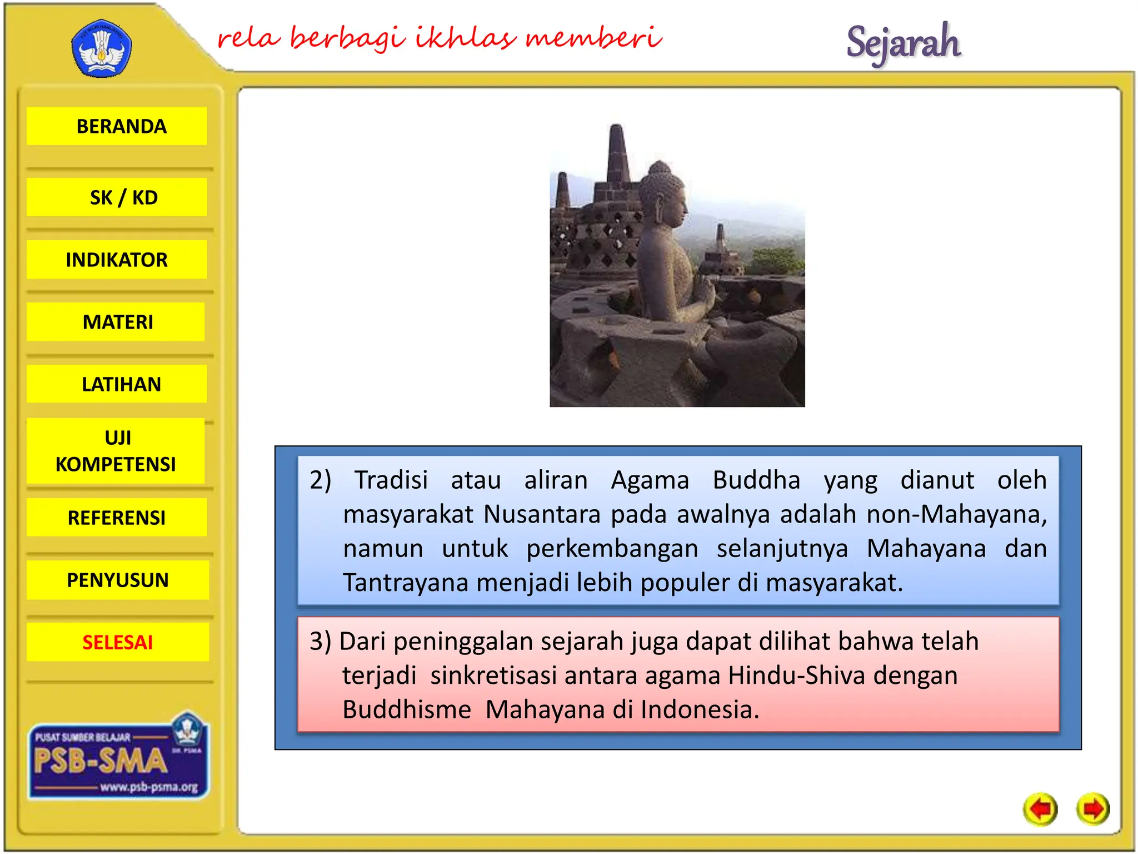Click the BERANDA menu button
coord(117,126)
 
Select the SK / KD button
coord(117,197)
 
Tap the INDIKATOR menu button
coord(117,260)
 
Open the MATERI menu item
coord(117,322)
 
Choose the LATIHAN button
coord(117,384)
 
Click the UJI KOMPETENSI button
coord(116,451)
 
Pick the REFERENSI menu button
coord(117,518)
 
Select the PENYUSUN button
coord(117,580)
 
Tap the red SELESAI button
coord(117,642)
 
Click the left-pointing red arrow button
coord(1040,809)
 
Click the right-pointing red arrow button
coord(1092,809)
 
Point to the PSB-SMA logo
coord(118,760)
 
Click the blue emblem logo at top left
coord(102,49)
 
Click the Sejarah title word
coord(904,42)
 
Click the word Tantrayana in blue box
coord(406,583)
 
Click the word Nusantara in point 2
coord(542,514)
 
